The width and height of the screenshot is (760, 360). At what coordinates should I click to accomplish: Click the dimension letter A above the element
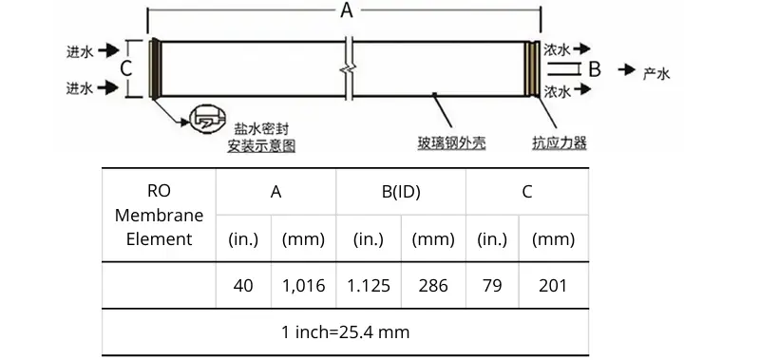(x=346, y=9)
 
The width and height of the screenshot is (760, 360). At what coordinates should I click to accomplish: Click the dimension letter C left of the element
(x=126, y=68)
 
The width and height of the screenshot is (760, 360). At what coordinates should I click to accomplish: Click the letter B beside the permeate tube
(x=595, y=69)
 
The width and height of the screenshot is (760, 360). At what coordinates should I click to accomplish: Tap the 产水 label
(x=656, y=73)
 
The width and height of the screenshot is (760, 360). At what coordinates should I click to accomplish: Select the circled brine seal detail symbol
(x=207, y=118)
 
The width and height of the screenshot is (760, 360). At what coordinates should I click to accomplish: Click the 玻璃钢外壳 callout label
(x=452, y=142)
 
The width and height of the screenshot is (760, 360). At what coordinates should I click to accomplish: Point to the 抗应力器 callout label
(x=560, y=142)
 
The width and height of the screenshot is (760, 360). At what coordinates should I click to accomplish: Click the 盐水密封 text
(x=261, y=129)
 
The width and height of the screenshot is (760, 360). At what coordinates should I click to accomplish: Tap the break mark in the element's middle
(x=349, y=67)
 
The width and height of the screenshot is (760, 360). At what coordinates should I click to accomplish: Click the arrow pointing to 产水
(x=627, y=69)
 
